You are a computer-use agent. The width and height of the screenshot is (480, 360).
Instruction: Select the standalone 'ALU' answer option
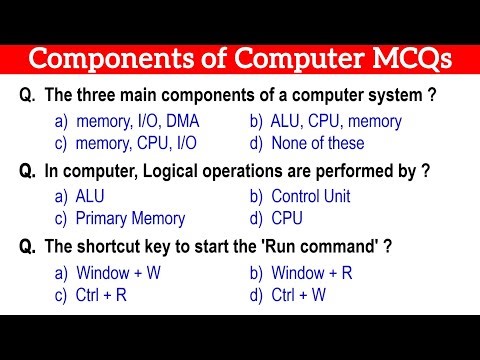click(91, 197)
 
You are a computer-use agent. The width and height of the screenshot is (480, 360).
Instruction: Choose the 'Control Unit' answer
click(310, 197)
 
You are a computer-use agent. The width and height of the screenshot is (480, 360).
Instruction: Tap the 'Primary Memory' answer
click(130, 219)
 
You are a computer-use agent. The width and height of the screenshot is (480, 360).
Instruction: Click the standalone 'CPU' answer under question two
click(287, 219)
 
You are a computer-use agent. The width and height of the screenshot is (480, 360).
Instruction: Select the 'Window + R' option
click(312, 273)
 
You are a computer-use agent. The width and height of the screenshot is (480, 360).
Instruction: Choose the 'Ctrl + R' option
click(102, 295)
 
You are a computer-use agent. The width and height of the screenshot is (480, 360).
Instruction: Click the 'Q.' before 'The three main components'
click(30, 97)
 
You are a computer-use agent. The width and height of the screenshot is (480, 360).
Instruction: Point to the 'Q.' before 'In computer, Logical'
click(30, 172)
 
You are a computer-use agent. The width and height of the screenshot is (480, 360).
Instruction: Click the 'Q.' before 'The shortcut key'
click(30, 247)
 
